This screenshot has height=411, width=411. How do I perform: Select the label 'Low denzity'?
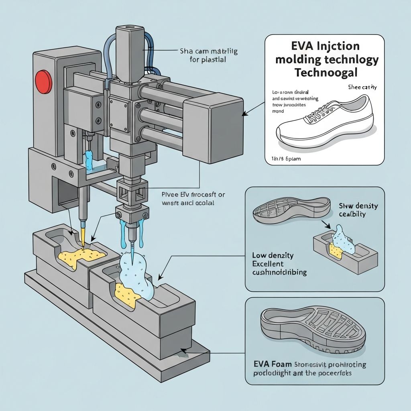pyautogui.click(x=273, y=255)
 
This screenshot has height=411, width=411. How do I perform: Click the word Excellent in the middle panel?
pyautogui.click(x=268, y=264)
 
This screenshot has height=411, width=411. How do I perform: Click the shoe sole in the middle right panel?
pyautogui.click(x=291, y=209)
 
